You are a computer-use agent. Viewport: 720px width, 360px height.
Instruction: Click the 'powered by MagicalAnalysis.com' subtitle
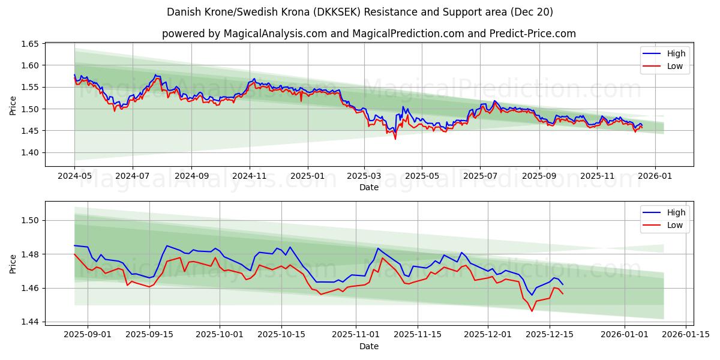coord(368,34)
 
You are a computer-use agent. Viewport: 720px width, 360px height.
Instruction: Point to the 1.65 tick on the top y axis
coord(30,44)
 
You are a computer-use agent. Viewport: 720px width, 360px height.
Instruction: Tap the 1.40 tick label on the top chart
coord(30,152)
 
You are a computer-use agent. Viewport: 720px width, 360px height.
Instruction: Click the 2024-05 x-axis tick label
coord(74,176)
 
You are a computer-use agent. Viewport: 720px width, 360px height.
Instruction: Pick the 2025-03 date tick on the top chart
coord(364,176)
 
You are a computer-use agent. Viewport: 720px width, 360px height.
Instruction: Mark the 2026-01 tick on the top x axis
coord(655,176)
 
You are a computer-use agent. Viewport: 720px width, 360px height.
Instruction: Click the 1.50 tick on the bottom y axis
coord(30,220)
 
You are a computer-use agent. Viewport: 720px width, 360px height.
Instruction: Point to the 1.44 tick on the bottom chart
coord(30,322)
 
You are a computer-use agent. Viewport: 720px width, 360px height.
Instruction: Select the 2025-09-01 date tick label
coord(88,334)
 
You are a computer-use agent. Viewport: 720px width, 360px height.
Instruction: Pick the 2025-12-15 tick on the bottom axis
coord(549,334)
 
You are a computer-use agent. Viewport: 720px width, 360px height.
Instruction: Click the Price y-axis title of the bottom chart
coord(13,263)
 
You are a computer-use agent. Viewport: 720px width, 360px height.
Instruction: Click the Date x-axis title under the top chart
coord(368,187)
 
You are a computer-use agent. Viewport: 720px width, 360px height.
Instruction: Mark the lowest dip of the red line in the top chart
coord(395,139)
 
